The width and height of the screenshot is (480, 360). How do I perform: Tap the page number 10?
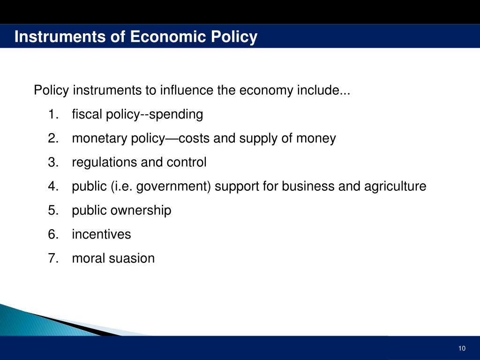click(x=462, y=348)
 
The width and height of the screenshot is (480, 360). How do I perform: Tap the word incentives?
click(x=101, y=234)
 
